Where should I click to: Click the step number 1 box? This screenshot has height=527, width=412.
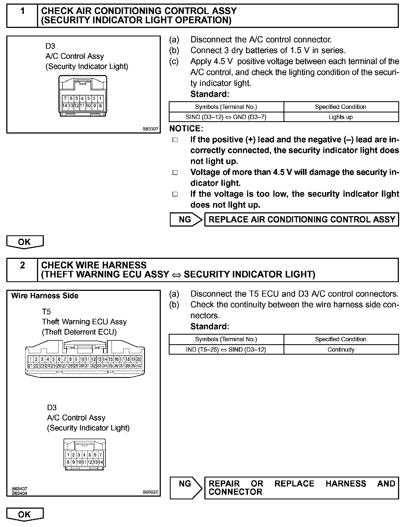pos(22,16)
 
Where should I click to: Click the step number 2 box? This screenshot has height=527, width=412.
pos(22,270)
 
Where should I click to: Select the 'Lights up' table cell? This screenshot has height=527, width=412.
pos(341,117)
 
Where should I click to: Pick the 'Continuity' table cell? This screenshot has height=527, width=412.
pos(341,349)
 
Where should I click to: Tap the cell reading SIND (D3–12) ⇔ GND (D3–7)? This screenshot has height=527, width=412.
pos(226,117)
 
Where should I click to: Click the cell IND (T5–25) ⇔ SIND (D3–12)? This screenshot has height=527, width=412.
pos(226,349)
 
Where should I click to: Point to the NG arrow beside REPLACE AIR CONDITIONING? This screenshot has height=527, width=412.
pos(186,219)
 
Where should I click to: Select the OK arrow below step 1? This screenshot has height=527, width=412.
pos(25,242)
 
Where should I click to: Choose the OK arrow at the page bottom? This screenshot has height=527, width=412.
pos(25,514)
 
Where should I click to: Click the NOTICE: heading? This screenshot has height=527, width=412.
pos(186,128)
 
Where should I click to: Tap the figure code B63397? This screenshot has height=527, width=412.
pos(150,129)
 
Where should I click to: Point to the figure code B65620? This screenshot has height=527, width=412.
pos(150,492)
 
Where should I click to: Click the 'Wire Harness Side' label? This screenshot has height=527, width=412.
pos(45,296)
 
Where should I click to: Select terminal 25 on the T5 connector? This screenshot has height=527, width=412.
pos(53,366)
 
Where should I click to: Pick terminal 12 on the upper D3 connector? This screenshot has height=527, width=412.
pos(77,106)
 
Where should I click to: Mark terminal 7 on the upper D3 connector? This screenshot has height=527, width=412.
pos(65,99)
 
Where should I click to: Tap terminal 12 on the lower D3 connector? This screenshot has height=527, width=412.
pos(90,462)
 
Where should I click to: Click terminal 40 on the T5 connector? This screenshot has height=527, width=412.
pos(139,366)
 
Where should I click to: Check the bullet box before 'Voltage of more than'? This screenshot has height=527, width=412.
pos(175,172)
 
